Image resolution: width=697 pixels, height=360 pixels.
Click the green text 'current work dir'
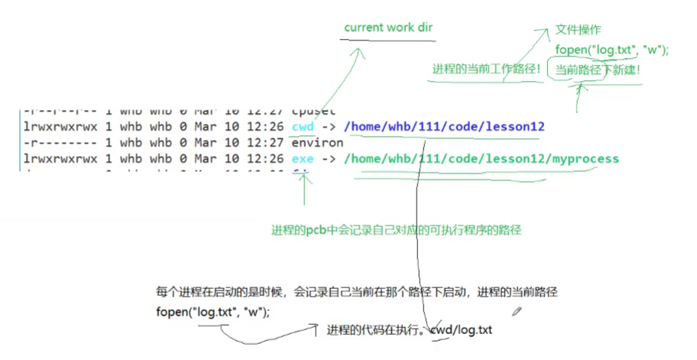(389, 28)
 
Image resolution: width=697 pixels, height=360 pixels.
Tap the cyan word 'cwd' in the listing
(303, 126)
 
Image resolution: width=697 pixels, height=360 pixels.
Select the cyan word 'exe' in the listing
(303, 159)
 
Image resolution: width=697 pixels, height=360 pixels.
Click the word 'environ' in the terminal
(317, 142)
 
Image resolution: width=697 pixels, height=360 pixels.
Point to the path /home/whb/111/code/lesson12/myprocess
(481, 159)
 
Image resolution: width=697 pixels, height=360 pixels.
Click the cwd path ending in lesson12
(444, 126)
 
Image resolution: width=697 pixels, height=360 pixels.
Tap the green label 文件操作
(578, 30)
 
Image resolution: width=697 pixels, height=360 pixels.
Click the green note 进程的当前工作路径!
(487, 69)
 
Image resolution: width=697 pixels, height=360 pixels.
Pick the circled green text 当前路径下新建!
(598, 70)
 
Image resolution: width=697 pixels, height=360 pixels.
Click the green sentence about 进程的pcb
(396, 229)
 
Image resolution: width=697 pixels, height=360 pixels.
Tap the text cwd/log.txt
(462, 330)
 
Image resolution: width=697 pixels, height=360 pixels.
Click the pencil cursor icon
(517, 310)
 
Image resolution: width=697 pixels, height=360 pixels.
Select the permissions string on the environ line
(53, 142)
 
